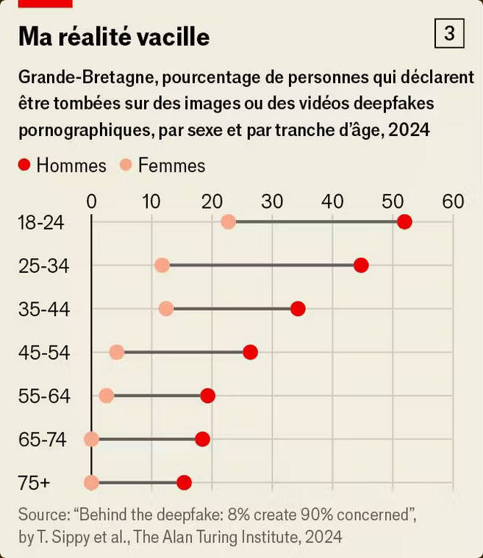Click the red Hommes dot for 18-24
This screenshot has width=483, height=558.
point(404,222)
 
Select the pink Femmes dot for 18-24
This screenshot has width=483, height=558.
point(228,222)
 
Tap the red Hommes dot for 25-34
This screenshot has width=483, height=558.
point(360,265)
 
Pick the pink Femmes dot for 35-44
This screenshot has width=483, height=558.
point(166,309)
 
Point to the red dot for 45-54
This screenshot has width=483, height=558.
point(250,352)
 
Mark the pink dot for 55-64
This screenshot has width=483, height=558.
point(107,396)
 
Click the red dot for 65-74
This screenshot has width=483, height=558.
point(202,439)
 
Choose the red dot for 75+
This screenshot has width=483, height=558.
point(184,482)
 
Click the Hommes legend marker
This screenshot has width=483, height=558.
point(24,165)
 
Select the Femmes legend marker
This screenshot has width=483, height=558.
point(126,165)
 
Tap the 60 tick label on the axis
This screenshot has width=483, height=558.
point(452,201)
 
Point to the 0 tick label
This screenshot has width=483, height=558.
point(91,201)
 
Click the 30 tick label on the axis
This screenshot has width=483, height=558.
point(272,201)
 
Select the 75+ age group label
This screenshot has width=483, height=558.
point(34,483)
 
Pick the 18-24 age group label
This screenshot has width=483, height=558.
point(41,223)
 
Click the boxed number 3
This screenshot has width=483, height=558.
point(450,34)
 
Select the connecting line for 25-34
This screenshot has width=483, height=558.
point(261,265)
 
